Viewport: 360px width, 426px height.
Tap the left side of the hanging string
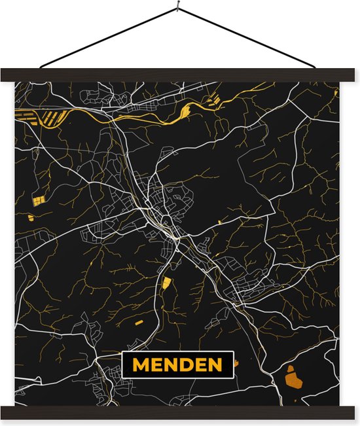click(108, 38)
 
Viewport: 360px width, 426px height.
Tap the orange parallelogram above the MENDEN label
click(166, 283)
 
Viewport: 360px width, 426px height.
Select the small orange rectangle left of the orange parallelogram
click(139, 323)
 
